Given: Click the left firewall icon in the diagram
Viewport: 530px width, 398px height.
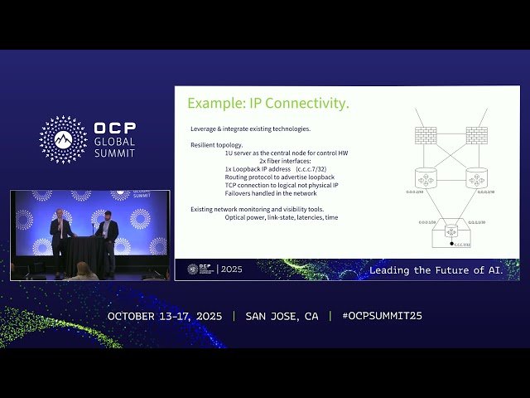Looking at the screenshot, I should click(x=426, y=134).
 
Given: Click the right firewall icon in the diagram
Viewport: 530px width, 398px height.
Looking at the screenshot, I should click(x=476, y=134).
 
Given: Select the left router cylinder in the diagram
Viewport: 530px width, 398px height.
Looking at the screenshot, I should click(x=426, y=178).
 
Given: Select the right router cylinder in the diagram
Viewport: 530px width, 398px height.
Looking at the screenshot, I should click(x=476, y=178).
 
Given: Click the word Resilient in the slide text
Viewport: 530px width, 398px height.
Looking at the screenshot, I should click(x=204, y=145).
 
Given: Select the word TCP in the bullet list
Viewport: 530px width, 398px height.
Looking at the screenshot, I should click(x=231, y=185).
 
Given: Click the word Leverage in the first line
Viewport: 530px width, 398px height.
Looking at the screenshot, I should click(x=204, y=129).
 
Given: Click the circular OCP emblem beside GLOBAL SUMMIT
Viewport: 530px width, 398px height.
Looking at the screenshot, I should click(x=63, y=139).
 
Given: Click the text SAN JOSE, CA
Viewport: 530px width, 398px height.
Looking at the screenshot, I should click(x=282, y=316).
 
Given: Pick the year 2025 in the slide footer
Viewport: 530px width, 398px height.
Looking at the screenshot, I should click(x=231, y=269).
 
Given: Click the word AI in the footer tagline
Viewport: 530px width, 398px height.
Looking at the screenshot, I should click(x=507, y=270).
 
